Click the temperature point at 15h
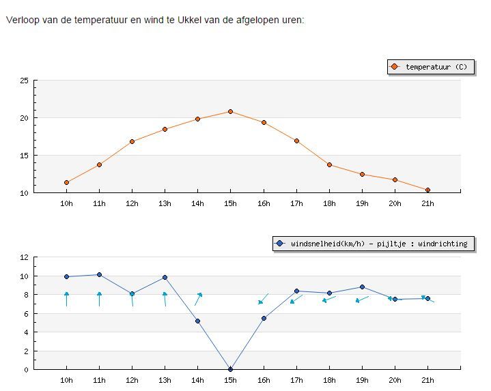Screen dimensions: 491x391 (230, 112)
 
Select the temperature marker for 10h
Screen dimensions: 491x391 (66, 183)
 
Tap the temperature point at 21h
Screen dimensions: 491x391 (427, 190)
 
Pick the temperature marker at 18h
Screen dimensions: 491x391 (329, 165)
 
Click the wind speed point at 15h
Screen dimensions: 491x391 (230, 369)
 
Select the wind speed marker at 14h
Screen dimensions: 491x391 (197, 321)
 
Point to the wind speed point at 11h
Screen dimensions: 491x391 (99, 274)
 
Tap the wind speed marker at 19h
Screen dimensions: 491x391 (363, 287)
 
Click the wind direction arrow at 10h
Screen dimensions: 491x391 (66, 299)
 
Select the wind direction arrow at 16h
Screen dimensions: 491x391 (263, 299)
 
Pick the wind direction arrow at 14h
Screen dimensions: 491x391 (198, 300)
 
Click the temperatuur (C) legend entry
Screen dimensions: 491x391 (431, 67)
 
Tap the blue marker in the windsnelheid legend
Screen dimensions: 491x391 (279, 244)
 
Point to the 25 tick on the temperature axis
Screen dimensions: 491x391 (24, 81)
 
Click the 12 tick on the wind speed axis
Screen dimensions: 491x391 (24, 257)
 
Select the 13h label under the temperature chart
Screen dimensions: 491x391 (165, 203)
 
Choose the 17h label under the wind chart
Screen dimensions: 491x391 (296, 380)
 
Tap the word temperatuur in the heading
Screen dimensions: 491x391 (101, 20)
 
